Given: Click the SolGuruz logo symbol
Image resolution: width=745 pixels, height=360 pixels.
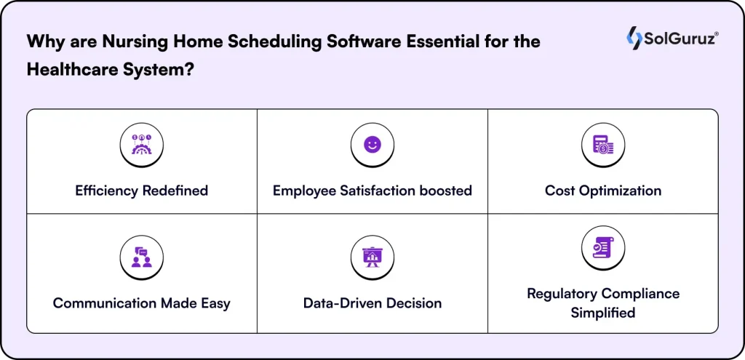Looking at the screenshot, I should point(634,38).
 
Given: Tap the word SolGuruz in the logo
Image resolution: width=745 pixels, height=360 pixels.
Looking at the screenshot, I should point(681,39).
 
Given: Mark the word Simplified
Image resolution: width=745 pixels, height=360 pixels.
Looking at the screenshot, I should point(603,313).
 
